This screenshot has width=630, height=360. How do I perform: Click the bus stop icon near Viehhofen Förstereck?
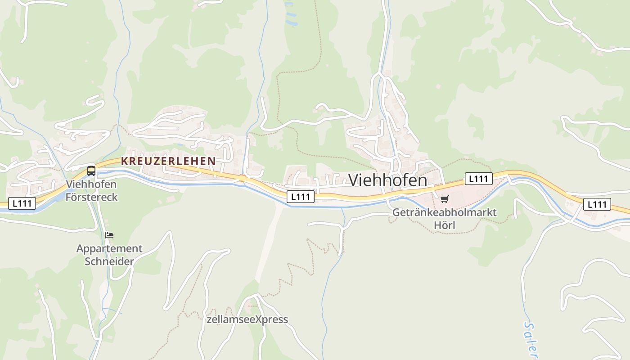(x=91, y=171)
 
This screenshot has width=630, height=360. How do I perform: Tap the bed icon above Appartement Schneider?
(x=109, y=235)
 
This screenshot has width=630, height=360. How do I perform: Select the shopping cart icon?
(x=444, y=199)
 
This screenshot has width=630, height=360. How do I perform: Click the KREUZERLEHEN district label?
(x=168, y=161)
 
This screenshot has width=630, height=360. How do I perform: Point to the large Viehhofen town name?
(x=387, y=180)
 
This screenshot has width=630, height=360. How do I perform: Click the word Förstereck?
(x=91, y=197)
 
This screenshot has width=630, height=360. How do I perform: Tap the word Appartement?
(x=109, y=248)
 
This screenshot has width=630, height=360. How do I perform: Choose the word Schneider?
(x=109, y=261)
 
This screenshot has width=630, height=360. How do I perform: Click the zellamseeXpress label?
(x=247, y=319)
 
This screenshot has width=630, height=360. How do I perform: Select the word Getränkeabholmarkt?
(x=444, y=212)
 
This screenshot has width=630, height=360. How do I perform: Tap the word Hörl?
(x=444, y=225)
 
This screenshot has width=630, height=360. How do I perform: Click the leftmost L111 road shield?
(x=22, y=203)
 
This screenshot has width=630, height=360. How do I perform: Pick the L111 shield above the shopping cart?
(x=478, y=179)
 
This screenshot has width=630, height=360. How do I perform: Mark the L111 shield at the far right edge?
(x=597, y=204)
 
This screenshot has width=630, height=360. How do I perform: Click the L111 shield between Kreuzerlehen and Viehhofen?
(x=300, y=197)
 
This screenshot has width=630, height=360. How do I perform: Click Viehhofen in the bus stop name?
(x=91, y=184)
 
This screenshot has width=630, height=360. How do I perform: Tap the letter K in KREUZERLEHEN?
(x=124, y=161)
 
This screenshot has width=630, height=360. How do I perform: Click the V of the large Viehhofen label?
(x=355, y=180)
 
